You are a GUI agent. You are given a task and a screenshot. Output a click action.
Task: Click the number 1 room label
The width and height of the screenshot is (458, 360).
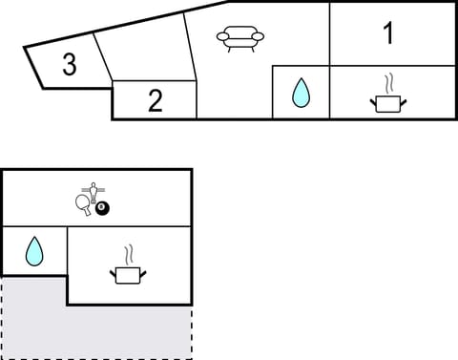point(387,33)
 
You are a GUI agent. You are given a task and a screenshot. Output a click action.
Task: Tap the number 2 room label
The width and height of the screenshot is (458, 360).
point(156,100)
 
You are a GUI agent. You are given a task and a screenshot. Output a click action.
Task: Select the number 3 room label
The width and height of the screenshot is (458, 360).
point(69,65)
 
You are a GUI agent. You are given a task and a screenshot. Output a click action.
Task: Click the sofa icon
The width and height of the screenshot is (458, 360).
point(240,38)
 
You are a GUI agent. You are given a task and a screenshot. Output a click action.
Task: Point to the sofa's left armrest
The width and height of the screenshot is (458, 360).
point(222,36)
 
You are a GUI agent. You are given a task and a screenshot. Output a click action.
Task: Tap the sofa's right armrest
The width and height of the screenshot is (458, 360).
point(259,36)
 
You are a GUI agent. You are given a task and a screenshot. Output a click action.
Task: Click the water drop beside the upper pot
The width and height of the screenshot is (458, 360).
point(301,93)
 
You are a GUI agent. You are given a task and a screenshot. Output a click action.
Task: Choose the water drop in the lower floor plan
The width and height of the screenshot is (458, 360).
point(33,251)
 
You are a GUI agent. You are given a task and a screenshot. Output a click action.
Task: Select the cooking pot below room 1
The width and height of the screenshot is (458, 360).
point(386,102)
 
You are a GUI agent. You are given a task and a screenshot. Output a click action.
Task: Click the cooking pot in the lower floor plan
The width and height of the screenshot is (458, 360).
point(128,275)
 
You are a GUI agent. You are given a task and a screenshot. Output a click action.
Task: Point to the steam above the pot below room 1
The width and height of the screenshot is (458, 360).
point(386,82)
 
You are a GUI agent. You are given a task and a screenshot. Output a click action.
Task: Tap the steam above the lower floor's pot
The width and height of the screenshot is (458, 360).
point(128,255)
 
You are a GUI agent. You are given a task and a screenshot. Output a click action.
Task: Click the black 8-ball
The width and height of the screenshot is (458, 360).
point(102,208)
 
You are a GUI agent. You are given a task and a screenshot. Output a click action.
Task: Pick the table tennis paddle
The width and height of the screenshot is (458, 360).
point(84,202)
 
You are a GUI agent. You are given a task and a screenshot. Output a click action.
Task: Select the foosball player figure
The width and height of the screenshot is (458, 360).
point(93,189)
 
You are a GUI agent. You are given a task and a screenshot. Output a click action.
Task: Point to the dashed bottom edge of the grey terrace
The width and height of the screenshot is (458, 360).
point(95,358)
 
